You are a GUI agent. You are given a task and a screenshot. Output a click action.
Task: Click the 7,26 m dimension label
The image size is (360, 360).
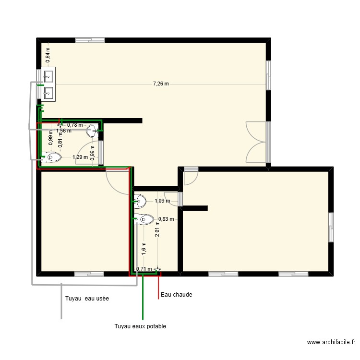161,84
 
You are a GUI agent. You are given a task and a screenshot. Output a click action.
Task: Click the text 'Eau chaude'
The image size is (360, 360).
177,295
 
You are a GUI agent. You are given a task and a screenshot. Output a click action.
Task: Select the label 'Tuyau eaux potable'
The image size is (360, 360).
140,326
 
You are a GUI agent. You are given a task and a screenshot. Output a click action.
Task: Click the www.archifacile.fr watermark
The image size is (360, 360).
331,343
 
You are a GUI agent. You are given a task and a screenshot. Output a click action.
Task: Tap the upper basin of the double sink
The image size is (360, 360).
48,76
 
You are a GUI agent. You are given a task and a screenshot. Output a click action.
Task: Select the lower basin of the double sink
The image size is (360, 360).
48,91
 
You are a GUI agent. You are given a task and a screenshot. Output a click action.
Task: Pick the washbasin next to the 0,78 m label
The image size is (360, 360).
93,130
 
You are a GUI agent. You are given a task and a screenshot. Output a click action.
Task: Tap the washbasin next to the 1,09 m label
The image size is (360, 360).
140,199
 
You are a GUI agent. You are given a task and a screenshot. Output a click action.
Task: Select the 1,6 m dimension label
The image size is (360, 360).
144,248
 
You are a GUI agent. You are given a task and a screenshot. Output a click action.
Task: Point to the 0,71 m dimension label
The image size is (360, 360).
144,269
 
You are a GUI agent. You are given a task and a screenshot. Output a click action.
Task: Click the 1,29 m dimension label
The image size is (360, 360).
80,157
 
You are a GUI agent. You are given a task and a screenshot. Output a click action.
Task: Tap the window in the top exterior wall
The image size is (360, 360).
90,40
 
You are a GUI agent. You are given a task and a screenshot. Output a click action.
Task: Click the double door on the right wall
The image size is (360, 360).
257,142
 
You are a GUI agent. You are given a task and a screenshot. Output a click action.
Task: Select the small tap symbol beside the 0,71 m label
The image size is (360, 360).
157,270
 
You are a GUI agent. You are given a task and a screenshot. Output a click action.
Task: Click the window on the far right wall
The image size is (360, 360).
331,227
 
